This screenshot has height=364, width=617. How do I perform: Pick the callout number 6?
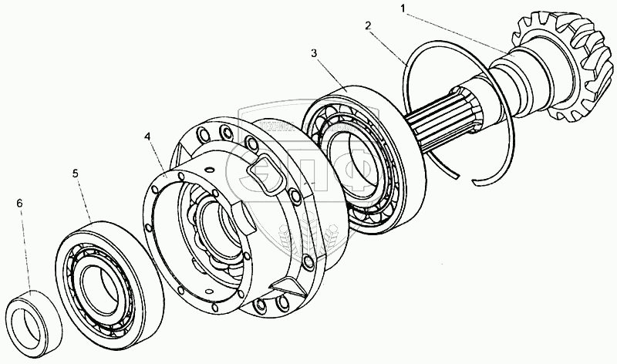point(20,203)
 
